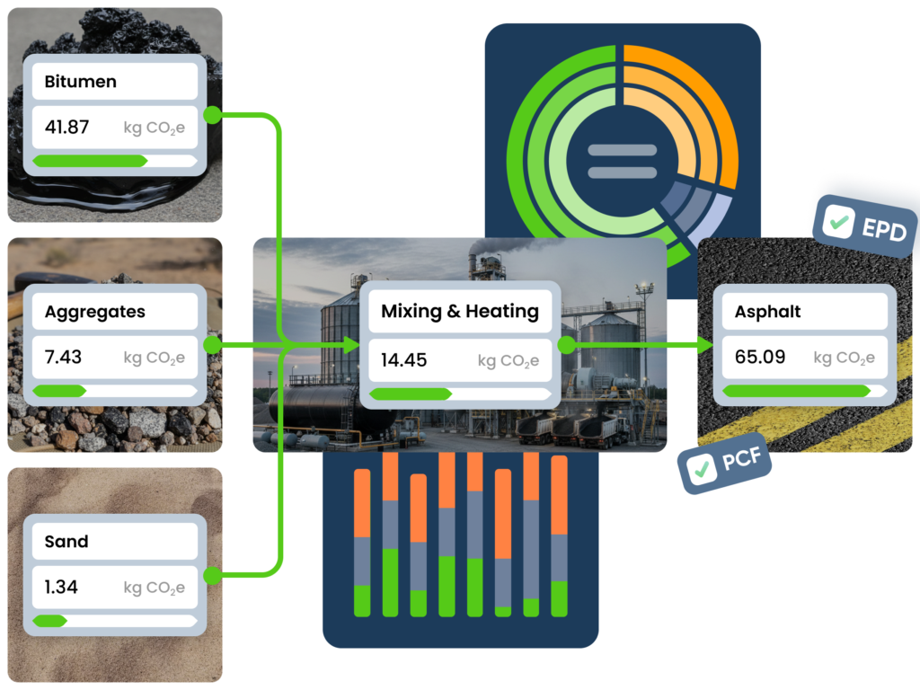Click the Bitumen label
pyautogui.click(x=81, y=82)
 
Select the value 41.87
pyautogui.click(x=67, y=127)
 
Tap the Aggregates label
pyautogui.click(x=94, y=312)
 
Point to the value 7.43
pyautogui.click(x=63, y=357)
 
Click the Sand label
pyautogui.click(x=66, y=542)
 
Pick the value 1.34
pyautogui.click(x=61, y=587)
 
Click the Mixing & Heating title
pyautogui.click(x=460, y=312)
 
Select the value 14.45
pyautogui.click(x=403, y=360)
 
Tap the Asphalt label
pyautogui.click(x=767, y=312)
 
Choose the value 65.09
pyautogui.click(x=760, y=357)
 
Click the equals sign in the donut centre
pyautogui.click(x=623, y=161)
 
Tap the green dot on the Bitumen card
pyautogui.click(x=213, y=115)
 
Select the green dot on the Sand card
pyautogui.click(x=213, y=576)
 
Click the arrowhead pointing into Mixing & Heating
pyautogui.click(x=351, y=345)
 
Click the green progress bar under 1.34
pyautogui.click(x=50, y=620)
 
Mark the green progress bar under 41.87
pyautogui.click(x=90, y=160)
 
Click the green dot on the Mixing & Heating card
pyautogui.click(x=567, y=345)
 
